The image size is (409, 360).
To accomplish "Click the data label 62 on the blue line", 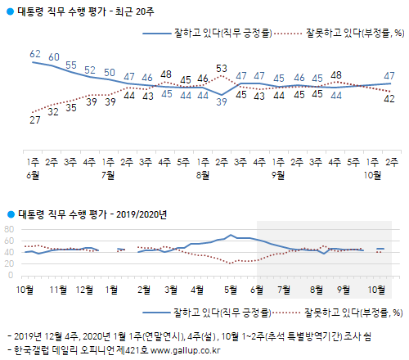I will point(34,53).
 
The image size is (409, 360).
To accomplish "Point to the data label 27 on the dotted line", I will point(34,119).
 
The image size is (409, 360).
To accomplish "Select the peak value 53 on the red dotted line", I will point(221,68).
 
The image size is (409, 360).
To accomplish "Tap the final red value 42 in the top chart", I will point(390,99).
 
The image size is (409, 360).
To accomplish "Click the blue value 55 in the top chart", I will point(71,65).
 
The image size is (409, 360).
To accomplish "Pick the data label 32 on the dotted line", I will point(54,112).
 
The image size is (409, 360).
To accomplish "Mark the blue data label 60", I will point(54,57).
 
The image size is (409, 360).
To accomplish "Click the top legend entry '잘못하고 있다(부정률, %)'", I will point(349,34).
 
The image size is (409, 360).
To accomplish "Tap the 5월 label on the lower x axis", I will point(231,289).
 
